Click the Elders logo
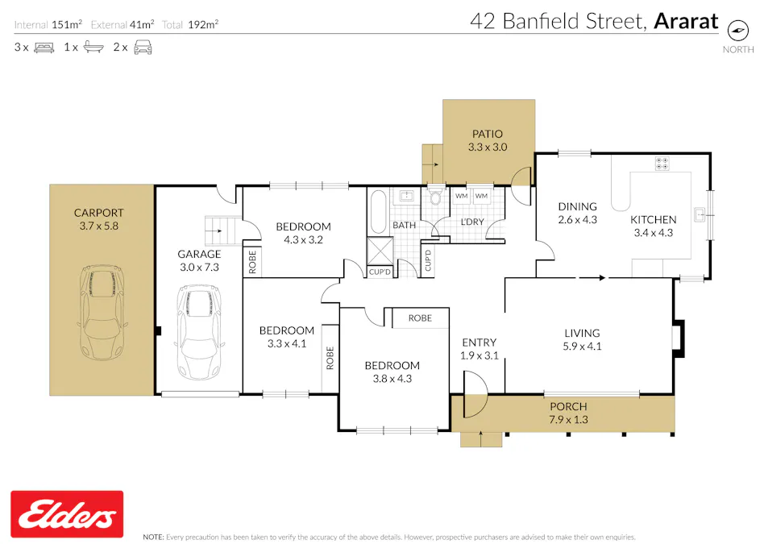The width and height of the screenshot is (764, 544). (x=67, y=514)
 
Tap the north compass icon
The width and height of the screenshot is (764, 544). (x=737, y=31)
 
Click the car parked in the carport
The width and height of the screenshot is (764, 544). (x=102, y=313)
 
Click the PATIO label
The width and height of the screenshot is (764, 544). (x=486, y=140)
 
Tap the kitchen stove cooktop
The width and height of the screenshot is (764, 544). (x=662, y=164)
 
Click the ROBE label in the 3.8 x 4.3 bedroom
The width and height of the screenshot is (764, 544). (x=420, y=318)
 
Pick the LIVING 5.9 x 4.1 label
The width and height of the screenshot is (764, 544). (x=582, y=339)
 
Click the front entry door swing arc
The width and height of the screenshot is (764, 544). (x=475, y=392)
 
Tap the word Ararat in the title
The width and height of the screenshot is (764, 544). (x=686, y=21)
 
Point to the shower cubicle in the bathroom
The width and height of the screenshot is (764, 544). (x=379, y=251)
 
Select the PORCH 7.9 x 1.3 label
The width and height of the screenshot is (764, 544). (x=568, y=412)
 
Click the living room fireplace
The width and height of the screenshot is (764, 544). (x=679, y=336)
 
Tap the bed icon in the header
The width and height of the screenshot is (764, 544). (x=44, y=48)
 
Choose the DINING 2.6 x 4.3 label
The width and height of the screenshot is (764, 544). (x=577, y=213)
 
